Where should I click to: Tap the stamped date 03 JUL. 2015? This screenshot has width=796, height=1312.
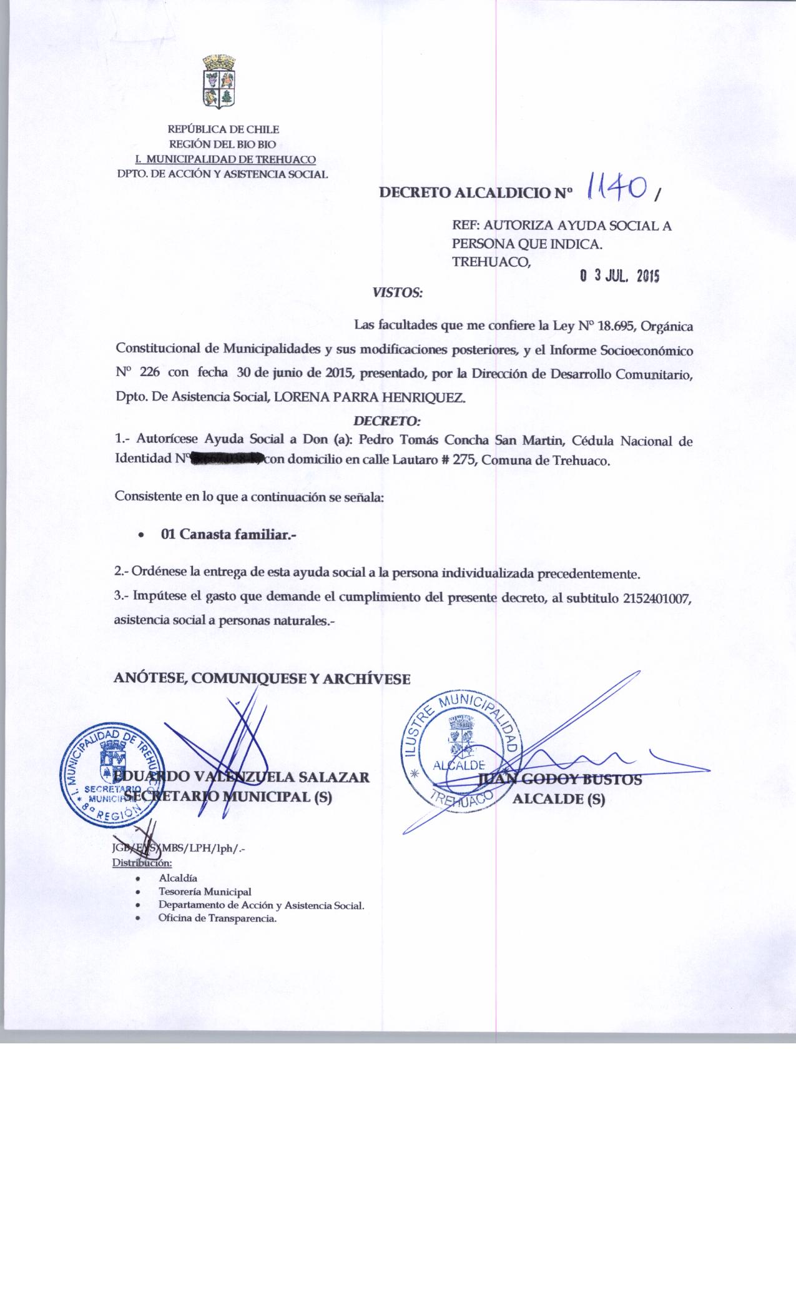pos(619,276)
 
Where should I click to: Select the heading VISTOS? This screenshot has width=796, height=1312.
pos(398,292)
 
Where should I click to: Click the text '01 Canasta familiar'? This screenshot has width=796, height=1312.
pos(228,535)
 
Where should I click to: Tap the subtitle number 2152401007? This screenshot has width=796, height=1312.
pos(657,598)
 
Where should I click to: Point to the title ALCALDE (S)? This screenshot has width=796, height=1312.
pos(558,799)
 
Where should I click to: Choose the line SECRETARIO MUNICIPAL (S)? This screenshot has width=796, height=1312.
pos(228,797)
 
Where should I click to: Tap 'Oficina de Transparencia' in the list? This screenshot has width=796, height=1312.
pos(217,919)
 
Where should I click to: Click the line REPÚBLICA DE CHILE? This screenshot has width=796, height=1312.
pos(223,130)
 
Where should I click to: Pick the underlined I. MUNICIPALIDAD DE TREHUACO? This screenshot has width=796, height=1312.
pos(225,159)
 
